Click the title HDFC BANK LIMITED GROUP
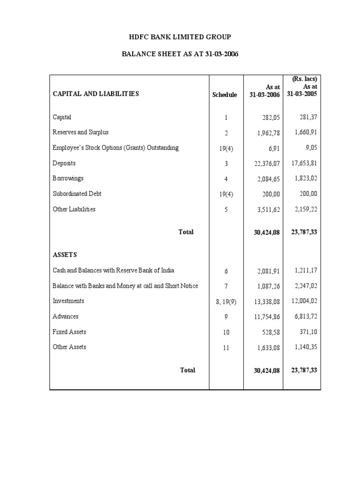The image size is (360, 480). (x=180, y=37)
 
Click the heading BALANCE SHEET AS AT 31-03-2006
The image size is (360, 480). (x=180, y=54)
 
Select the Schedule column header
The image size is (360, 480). (x=225, y=95)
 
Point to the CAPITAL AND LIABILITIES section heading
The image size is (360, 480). (x=96, y=94)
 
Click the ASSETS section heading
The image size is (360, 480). (x=65, y=255)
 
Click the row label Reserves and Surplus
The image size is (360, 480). (x=80, y=132)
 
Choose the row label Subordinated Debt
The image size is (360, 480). (x=77, y=194)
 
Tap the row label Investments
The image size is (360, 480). (x=68, y=301)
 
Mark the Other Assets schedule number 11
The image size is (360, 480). (x=226, y=347)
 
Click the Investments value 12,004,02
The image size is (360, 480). (x=304, y=301)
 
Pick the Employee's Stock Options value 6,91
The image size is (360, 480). (x=274, y=148)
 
